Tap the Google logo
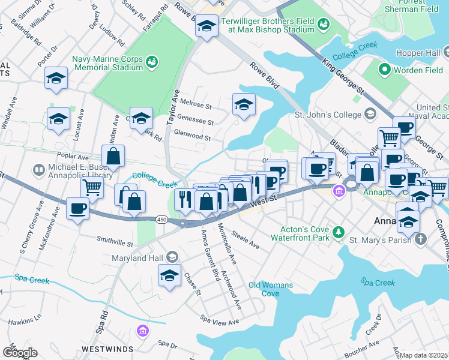tap(19, 353)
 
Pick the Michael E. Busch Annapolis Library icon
tap(40, 170)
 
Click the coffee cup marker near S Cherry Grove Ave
tap(78, 209)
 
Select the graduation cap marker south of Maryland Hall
tap(170, 277)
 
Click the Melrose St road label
tap(200, 106)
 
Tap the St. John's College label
tap(325, 113)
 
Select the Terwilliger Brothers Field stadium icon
tap(324, 25)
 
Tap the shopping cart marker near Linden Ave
tap(92, 187)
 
